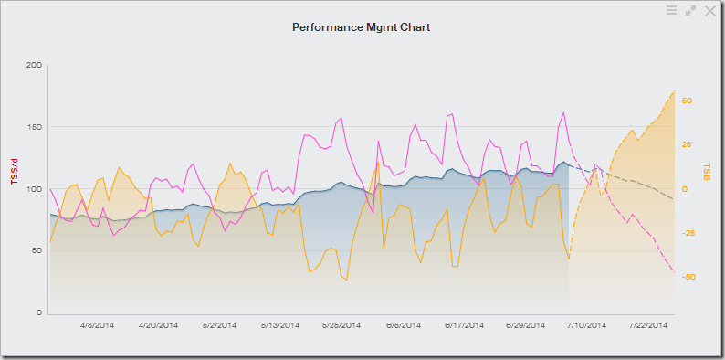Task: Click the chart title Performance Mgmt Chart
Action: pyautogui.click(x=362, y=27)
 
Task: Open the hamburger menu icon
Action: pyautogui.click(x=671, y=10)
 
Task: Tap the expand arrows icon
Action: pyautogui.click(x=690, y=10)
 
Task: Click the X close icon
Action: pyautogui.click(x=709, y=10)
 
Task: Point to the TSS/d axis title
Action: pyautogui.click(x=13, y=170)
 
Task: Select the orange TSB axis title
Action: pyautogui.click(x=708, y=171)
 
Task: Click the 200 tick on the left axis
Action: pyautogui.click(x=34, y=65)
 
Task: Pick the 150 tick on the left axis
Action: pyautogui.click(x=34, y=127)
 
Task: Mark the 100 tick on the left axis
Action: pyautogui.click(x=34, y=189)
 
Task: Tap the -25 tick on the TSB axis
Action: pyautogui.click(x=688, y=233)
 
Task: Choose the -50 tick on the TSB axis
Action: pyautogui.click(x=688, y=277)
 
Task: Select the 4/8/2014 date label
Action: pyautogui.click(x=98, y=324)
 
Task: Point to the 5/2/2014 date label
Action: pyautogui.click(x=219, y=324)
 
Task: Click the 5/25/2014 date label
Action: pyautogui.click(x=341, y=324)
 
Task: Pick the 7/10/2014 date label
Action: pyautogui.click(x=585, y=324)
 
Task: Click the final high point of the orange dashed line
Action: pyautogui.click(x=674, y=90)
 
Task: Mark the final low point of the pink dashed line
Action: pyautogui.click(x=674, y=271)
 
